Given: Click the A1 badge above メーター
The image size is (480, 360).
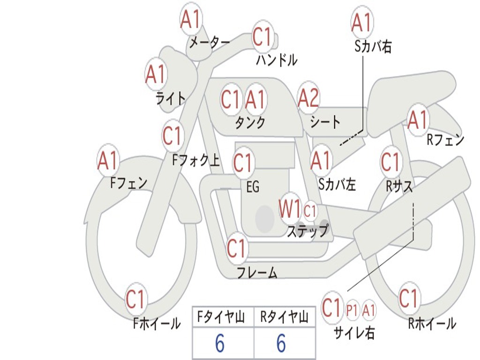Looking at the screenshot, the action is [x=191, y=20].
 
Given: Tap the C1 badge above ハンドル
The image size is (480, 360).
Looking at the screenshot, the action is [x=262, y=37].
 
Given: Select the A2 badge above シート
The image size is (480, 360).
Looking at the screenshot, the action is [x=308, y=98].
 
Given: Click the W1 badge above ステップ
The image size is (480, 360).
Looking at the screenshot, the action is [x=290, y=209].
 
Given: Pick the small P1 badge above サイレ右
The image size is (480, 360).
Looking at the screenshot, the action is [x=352, y=310].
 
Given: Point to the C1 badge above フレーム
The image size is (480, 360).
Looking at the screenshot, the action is [x=237, y=248].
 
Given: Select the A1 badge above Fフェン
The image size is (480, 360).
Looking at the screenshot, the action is [x=108, y=161].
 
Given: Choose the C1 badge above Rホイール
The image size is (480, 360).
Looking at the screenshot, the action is [x=409, y=298].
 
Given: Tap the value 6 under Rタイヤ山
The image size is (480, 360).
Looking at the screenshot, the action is [x=281, y=344].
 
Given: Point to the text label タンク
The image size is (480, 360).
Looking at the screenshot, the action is [x=250, y=123].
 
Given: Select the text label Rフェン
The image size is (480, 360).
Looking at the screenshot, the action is [x=445, y=140].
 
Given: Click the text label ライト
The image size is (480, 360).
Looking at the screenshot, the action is [x=171, y=98].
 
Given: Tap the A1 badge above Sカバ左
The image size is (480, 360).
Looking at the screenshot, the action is [x=322, y=161].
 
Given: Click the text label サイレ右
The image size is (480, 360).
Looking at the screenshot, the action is [x=354, y=332].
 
